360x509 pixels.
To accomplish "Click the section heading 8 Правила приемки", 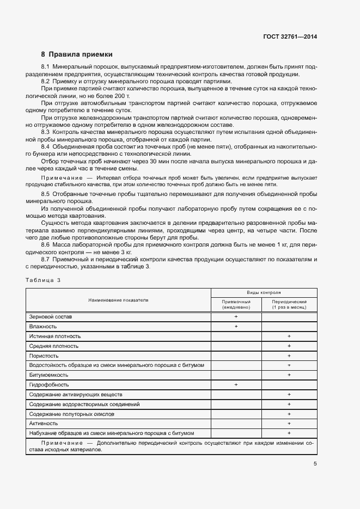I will [77, 54].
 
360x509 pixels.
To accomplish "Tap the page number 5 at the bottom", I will [315, 464].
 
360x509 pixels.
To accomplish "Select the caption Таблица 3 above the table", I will [43, 280].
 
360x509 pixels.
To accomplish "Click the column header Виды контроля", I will [264, 292].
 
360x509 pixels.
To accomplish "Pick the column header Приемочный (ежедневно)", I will [236, 304].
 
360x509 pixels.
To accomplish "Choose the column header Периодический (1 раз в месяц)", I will [289, 304].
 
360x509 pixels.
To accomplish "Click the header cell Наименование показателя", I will [118, 300].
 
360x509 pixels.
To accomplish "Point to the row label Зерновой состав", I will [51, 317].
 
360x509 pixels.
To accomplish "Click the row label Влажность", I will [44, 327].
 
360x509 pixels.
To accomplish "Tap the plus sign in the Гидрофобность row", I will [236, 385].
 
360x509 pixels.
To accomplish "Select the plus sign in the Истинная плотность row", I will [289, 336].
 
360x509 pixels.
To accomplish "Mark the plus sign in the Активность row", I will [289, 424].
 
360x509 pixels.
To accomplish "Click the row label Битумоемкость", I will [49, 375].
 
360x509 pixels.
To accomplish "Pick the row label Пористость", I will [45, 355].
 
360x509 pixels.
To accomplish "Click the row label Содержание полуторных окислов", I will [72, 414].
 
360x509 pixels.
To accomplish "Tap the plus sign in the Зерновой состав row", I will [236, 317].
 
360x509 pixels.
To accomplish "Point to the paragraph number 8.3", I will [46, 132].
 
